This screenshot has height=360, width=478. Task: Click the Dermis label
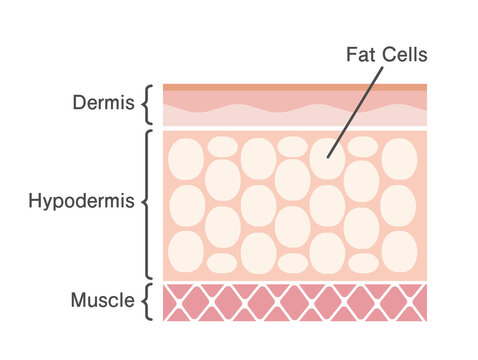click(x=102, y=102)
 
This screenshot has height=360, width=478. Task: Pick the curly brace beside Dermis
click(x=148, y=103)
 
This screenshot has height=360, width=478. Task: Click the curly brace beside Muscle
click(x=148, y=301)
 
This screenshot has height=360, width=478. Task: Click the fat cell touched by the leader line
click(x=327, y=158)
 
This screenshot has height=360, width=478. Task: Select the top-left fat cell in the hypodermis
click(x=187, y=158)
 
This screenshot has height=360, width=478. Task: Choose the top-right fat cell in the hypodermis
click(x=399, y=158)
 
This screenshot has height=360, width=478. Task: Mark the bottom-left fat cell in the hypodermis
click(x=187, y=248)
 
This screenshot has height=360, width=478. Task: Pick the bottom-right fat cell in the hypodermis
click(x=399, y=248)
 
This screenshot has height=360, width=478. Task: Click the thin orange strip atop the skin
click(x=295, y=87)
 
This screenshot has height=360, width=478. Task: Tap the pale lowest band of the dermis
click(x=295, y=118)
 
